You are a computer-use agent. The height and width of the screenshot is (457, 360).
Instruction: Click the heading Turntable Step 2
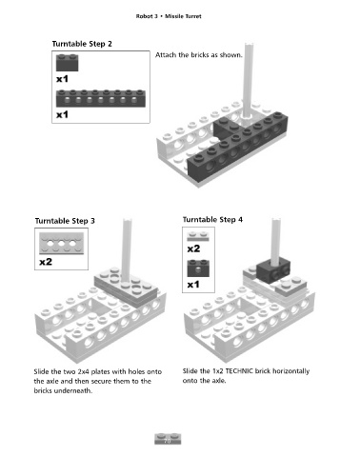coord(82,44)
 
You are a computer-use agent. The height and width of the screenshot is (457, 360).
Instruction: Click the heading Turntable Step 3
coord(65,221)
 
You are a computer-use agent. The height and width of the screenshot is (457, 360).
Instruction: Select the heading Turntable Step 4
coord(212,219)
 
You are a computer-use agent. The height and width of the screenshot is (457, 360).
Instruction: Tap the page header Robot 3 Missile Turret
coord(169,16)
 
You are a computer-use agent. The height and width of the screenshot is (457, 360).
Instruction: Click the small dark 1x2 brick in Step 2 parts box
coord(67,63)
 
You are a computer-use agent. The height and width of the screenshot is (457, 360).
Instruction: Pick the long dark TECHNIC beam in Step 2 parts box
coord(101,98)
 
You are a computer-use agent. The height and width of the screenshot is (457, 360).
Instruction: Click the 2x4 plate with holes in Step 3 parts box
coord(61,243)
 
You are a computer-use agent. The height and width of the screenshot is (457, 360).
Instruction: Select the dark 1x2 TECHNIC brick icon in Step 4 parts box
coord(198,268)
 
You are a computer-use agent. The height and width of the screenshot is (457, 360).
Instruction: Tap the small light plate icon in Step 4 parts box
coord(198,236)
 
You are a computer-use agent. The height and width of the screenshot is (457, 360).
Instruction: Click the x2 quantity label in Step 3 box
coord(46,262)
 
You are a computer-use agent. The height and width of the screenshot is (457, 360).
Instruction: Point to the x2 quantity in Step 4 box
coord(193,248)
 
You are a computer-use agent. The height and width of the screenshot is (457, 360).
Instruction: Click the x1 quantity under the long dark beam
coord(62,114)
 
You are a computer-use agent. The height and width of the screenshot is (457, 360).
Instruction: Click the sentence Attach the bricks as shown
coord(199,55)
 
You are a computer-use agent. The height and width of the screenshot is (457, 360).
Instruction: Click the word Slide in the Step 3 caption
coord(42,371)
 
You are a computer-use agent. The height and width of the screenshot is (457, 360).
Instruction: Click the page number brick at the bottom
coord(168,439)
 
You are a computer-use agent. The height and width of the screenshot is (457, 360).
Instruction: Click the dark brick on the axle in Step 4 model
coord(273,270)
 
